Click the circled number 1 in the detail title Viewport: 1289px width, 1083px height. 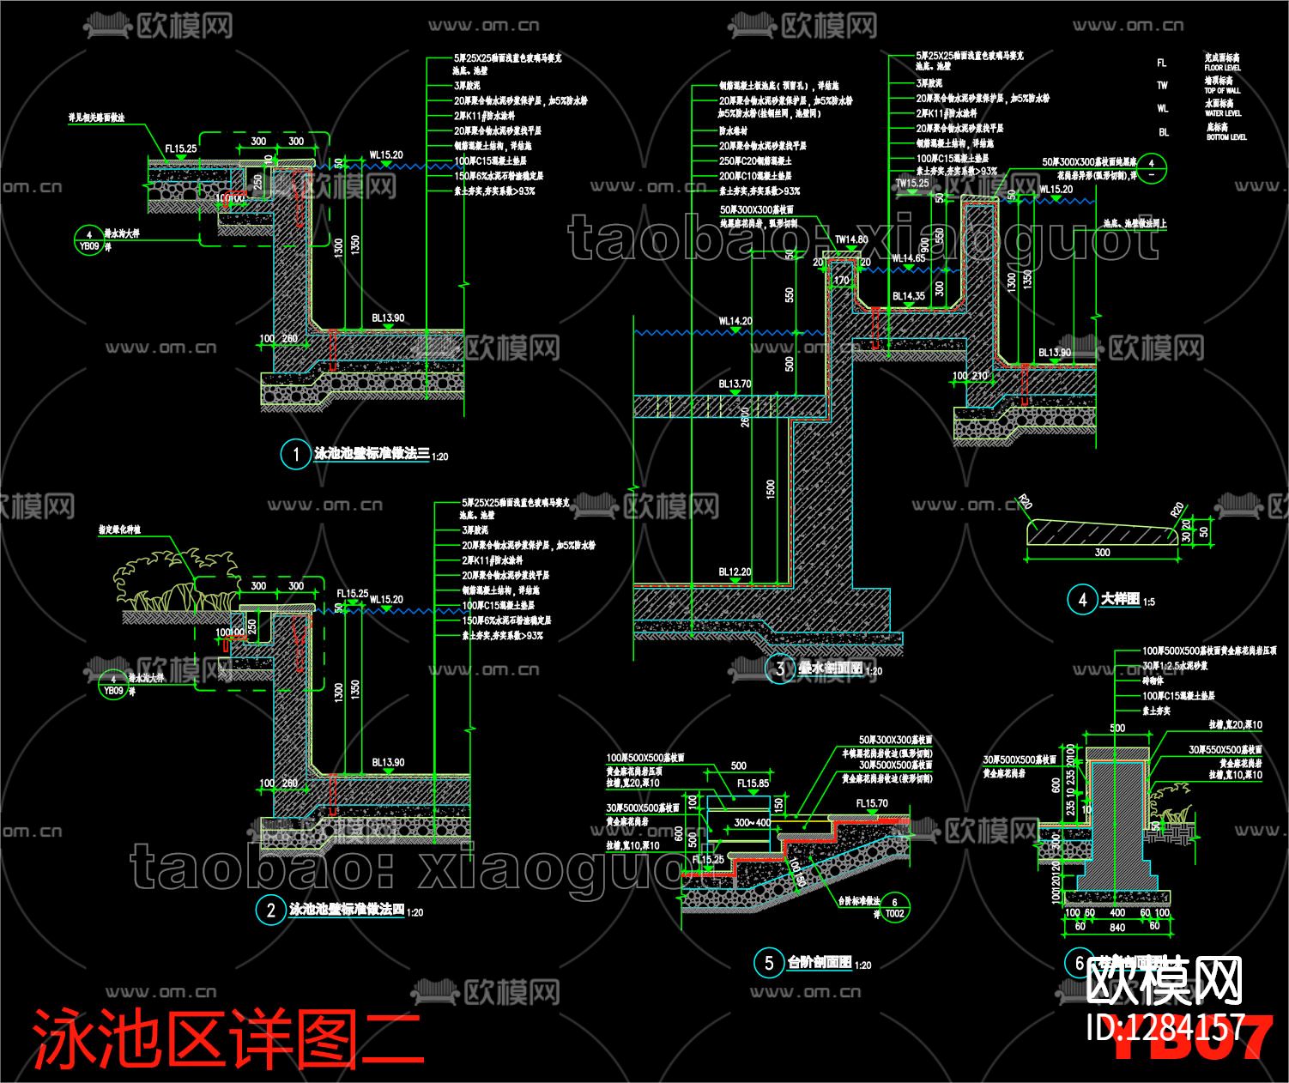click(296, 455)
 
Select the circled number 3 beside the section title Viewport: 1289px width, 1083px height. click(779, 669)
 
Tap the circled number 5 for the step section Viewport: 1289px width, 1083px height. click(768, 963)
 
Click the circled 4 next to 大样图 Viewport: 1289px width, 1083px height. click(1082, 600)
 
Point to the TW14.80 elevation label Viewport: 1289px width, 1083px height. click(850, 240)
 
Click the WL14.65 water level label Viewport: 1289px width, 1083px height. click(908, 258)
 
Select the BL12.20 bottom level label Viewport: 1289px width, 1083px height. click(735, 572)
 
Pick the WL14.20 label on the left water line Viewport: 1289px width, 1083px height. click(735, 322)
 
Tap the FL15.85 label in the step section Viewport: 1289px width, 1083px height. click(753, 784)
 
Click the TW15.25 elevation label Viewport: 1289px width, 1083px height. click(912, 183)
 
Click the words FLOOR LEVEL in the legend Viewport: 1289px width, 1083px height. click(1222, 68)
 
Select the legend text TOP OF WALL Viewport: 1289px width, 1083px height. click(1222, 90)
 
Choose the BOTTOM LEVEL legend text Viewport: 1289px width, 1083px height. click(1226, 137)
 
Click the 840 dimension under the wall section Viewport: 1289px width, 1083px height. click(1117, 927)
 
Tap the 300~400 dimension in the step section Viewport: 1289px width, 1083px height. click(753, 823)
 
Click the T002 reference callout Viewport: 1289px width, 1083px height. click(894, 914)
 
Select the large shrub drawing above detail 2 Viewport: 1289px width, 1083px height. click(177, 584)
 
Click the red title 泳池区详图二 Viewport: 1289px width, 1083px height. click(227, 1038)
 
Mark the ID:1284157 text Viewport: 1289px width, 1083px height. click(1165, 1027)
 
